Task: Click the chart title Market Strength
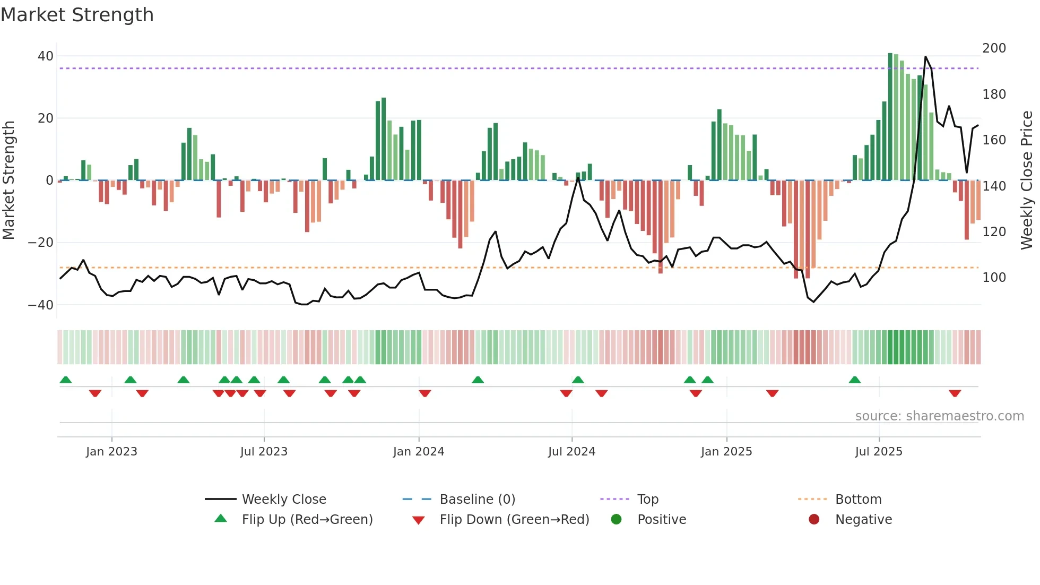click(77, 15)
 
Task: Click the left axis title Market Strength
click(9, 180)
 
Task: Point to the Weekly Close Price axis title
click(1027, 180)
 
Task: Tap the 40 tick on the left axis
click(46, 56)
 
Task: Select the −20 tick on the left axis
click(41, 243)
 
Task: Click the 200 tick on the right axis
click(994, 48)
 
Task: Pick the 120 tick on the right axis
click(994, 232)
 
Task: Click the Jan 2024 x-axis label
click(419, 452)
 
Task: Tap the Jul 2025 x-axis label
click(879, 452)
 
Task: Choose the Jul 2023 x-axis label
click(264, 452)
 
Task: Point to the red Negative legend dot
click(814, 520)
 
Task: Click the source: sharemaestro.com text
click(939, 416)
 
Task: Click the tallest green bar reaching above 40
click(890, 117)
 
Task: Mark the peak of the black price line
click(925, 57)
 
